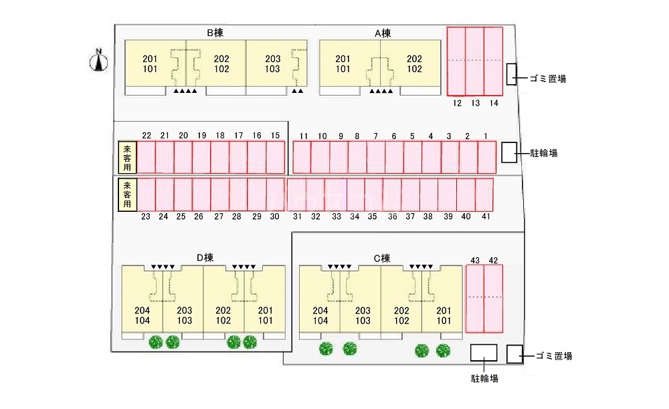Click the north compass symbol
[x=99, y=61]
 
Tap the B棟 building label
[x=214, y=32]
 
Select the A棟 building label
[x=383, y=33]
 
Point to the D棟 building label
[x=205, y=258]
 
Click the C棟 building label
[x=381, y=258]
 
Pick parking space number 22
[x=147, y=158]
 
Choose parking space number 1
[x=486, y=158]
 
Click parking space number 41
[x=484, y=194]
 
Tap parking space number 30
[x=276, y=194]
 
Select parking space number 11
[x=302, y=158]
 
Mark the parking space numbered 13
[x=475, y=61]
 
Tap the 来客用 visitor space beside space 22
[x=127, y=158]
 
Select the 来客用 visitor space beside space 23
[x=127, y=194]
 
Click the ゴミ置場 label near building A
[x=548, y=78]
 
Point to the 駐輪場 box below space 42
[x=484, y=354]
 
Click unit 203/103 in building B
[x=272, y=63]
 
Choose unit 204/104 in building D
[x=142, y=315]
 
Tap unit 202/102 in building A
[x=414, y=63]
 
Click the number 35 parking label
[x=373, y=217]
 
